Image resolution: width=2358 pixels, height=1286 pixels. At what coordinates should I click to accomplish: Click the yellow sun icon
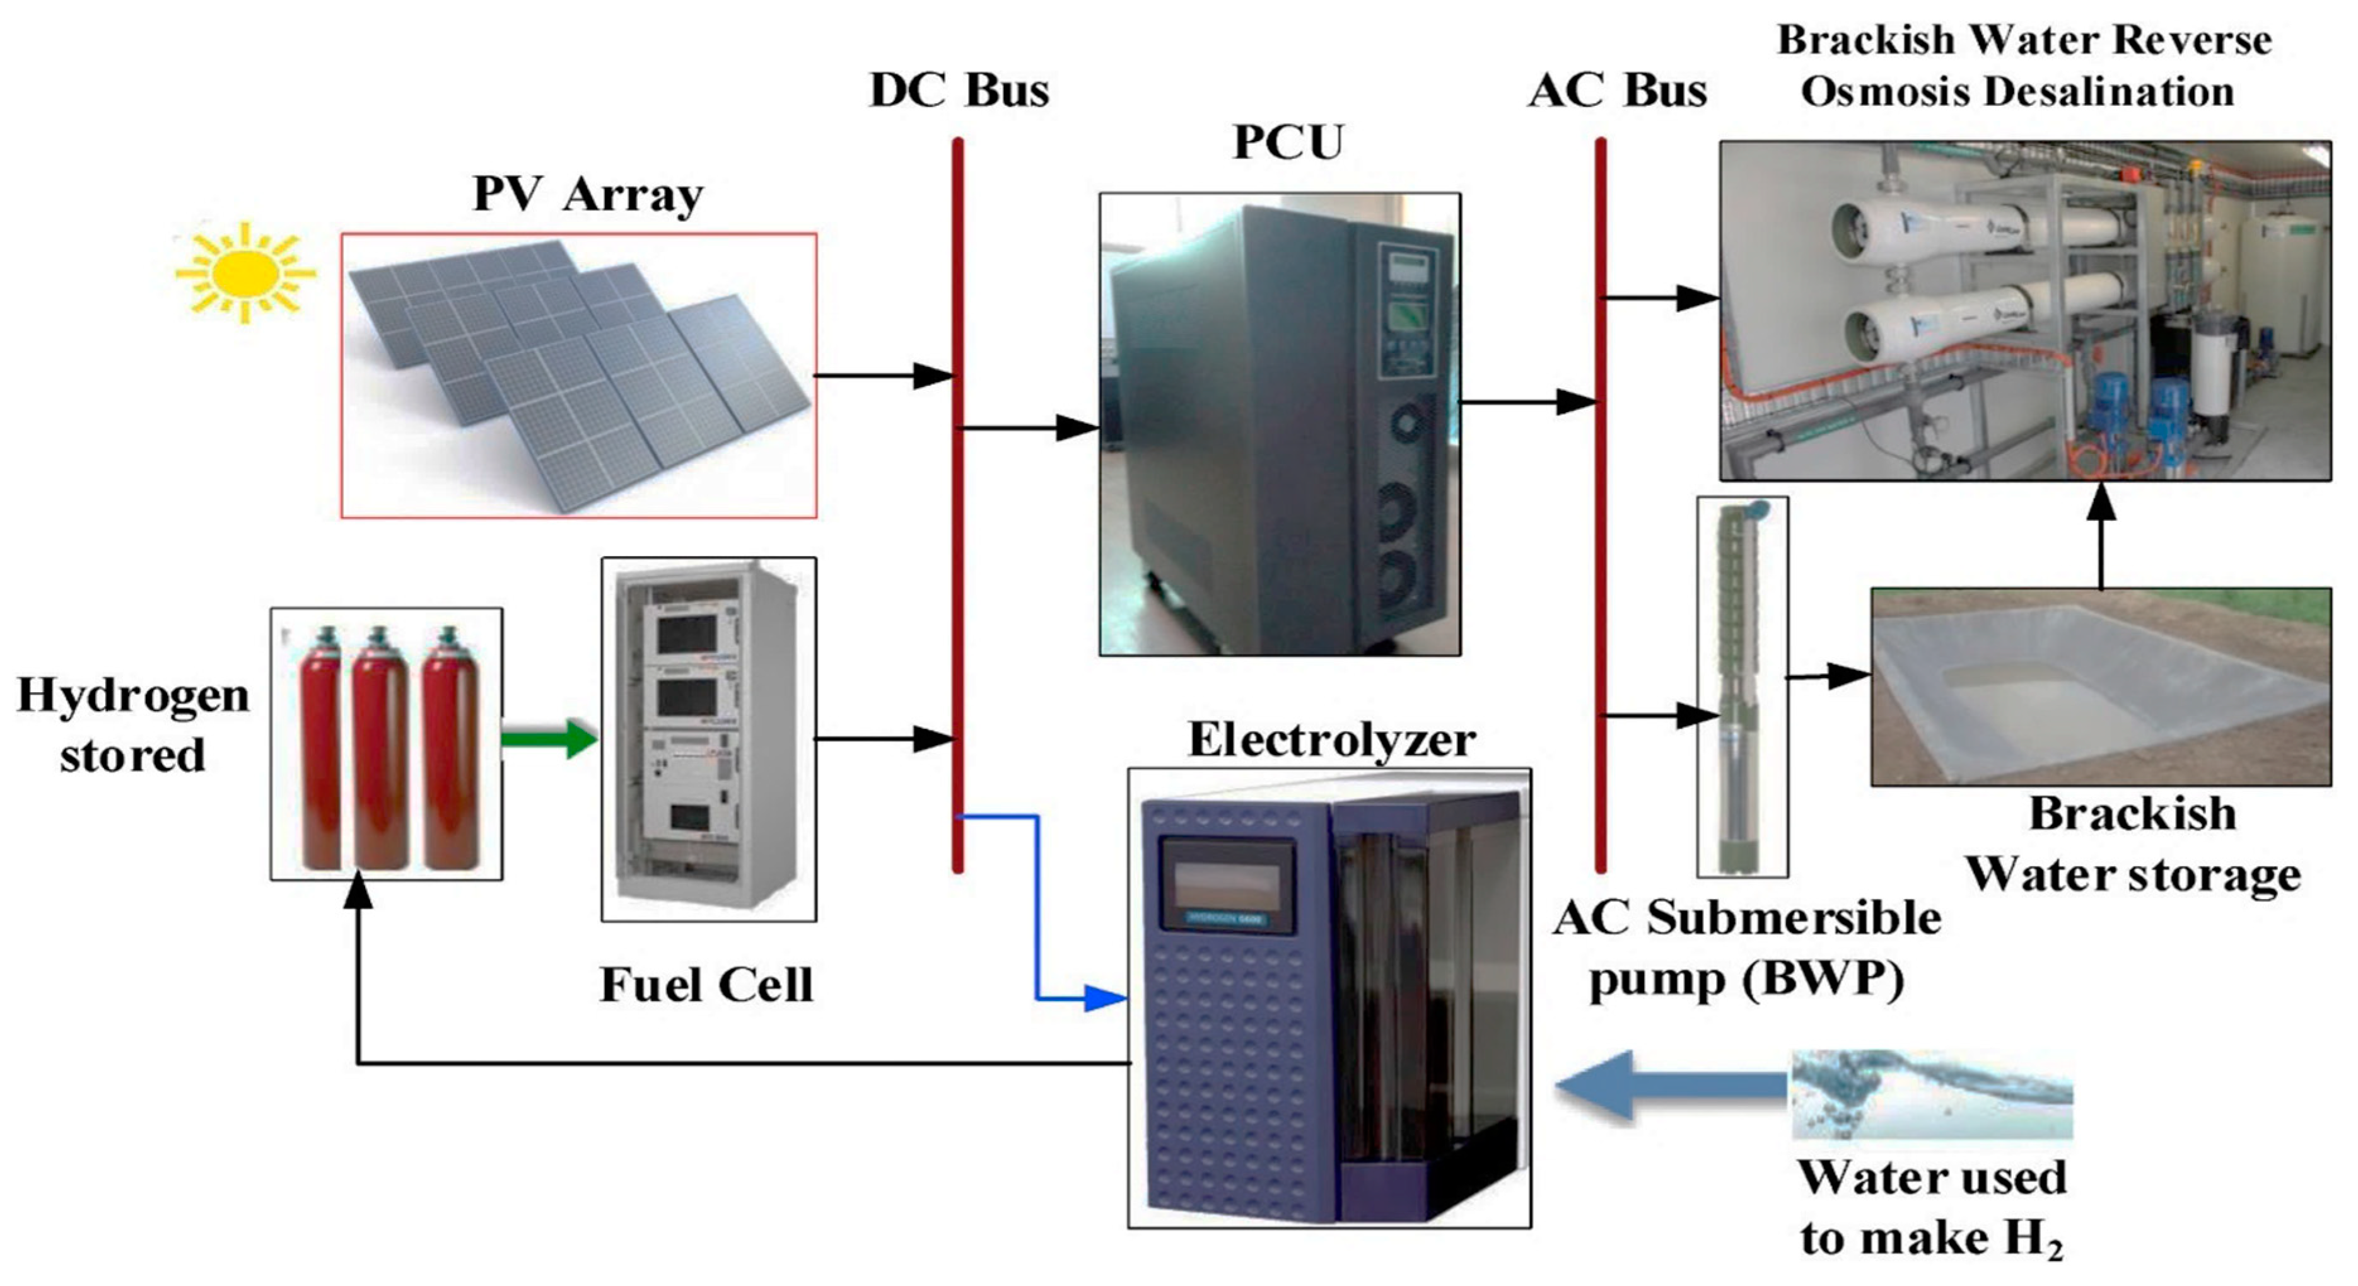click(245, 273)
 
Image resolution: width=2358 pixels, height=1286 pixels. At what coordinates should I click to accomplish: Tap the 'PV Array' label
click(588, 195)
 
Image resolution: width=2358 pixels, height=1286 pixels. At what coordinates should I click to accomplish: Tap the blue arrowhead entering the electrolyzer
click(1105, 998)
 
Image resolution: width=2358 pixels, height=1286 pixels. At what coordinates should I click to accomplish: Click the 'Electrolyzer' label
click(1332, 739)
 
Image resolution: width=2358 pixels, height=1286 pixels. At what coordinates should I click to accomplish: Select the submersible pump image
click(1741, 686)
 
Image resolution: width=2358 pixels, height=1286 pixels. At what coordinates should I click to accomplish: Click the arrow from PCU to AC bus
click(1529, 401)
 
